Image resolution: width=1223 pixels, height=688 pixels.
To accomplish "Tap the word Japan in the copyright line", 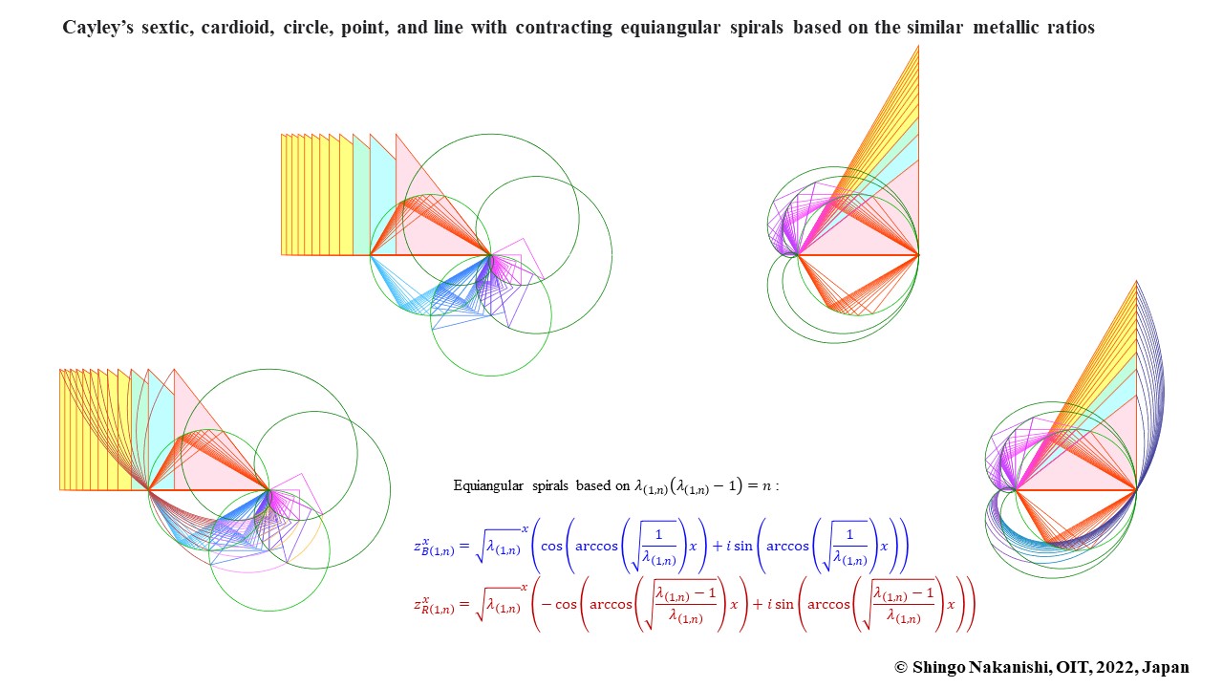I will point(1166,667).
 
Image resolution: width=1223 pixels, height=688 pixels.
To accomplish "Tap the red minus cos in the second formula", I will point(560,604).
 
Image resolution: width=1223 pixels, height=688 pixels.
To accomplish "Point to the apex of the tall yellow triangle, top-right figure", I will point(918,46).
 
